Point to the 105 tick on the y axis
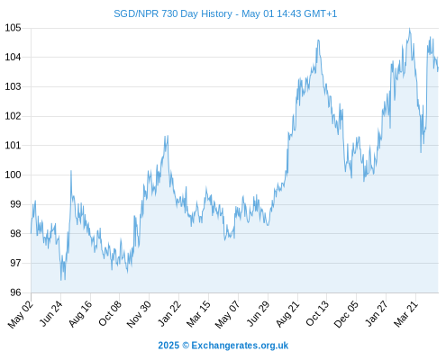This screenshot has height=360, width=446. click(x=13, y=28)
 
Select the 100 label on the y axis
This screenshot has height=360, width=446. click(x=13, y=175)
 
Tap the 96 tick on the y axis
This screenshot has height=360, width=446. click(x=15, y=292)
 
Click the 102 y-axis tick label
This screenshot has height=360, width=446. click(x=13, y=116)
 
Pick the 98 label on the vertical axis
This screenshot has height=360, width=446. click(x=15, y=234)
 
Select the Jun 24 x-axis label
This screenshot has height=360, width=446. click(x=50, y=313)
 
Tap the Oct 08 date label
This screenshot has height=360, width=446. click(x=110, y=313)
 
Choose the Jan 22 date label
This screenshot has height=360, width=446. click(x=169, y=313)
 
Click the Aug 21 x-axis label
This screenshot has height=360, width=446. click(x=287, y=314)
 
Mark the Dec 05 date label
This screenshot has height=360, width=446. click(x=346, y=314)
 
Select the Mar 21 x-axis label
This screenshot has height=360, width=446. click(x=405, y=314)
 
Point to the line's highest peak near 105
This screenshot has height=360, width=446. click(x=410, y=29)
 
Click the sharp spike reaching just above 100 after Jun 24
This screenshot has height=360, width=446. click(x=71, y=171)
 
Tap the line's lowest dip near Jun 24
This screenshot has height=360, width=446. click(x=61, y=280)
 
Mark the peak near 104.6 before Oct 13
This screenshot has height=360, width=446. click(x=318, y=40)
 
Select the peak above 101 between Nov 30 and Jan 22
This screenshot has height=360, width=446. click(x=168, y=136)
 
